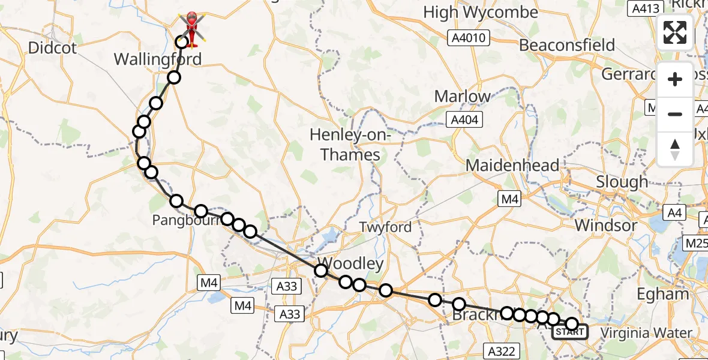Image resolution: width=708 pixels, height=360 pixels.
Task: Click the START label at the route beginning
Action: (566, 331)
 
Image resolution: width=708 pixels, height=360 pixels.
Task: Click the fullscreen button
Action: (675, 32)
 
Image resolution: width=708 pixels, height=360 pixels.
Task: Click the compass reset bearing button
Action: (675, 149)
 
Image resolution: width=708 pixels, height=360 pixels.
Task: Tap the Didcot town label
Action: (53, 48)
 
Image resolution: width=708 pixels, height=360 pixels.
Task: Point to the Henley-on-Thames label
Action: (350, 145)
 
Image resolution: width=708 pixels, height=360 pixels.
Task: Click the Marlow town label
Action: (462, 96)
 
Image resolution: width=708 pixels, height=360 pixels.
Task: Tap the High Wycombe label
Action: (481, 12)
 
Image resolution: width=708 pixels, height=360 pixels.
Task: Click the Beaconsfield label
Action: (567, 45)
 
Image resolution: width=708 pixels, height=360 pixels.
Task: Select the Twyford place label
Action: (385, 227)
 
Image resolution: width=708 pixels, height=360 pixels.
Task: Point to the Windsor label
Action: (606, 226)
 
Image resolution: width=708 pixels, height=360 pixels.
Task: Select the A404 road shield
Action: (466, 121)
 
